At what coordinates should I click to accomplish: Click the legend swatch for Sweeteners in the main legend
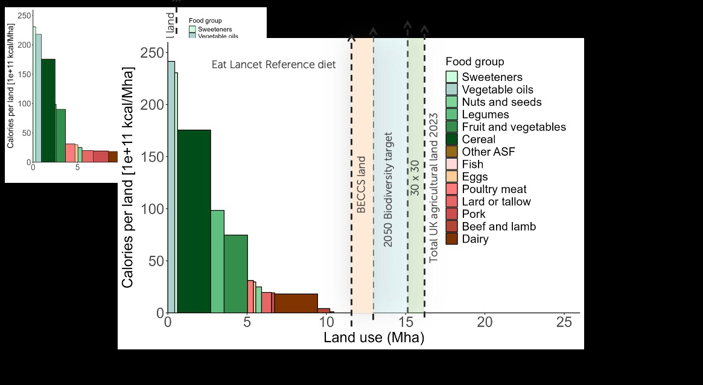pos(452,77)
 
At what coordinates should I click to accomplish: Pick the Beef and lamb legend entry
pos(498,226)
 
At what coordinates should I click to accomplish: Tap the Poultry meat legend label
pos(494,189)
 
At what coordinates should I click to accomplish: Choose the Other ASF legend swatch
pos(452,151)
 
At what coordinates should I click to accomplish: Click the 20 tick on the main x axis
pos(485,322)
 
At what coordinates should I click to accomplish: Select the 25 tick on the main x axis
pos(564,322)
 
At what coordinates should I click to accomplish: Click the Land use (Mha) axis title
pos(374,337)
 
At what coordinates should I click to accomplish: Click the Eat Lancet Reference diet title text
pos(273,65)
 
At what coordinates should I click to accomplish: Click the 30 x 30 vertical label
pos(415,177)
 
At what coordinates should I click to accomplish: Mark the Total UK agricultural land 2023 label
pos(433,187)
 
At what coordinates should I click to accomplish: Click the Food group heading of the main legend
pos(475,62)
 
